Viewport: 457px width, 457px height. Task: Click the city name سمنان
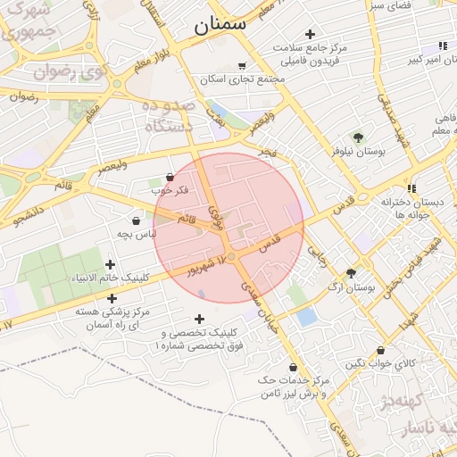point(219,24)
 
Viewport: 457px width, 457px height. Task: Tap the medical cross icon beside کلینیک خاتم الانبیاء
point(110,264)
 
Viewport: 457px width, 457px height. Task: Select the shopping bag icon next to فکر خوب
point(170,178)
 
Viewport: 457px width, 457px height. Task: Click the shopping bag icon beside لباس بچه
point(136,220)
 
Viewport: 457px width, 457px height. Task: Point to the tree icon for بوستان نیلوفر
point(358,137)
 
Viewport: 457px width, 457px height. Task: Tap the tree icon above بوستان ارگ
point(351,273)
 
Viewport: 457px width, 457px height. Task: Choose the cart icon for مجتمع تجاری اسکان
point(242,65)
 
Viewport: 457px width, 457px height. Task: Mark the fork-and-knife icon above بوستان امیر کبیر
point(442,46)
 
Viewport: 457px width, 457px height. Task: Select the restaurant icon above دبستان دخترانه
point(411,187)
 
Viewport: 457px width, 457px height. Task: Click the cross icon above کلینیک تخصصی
point(198,319)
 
